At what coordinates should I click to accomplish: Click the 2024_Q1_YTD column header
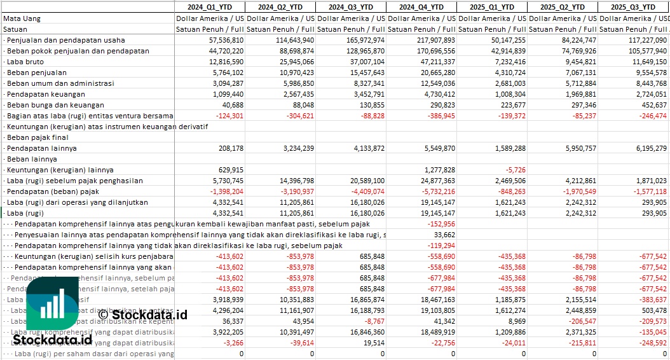click(209, 7)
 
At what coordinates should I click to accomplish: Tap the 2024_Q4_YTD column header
click(421, 7)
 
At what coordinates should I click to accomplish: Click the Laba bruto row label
click(25, 62)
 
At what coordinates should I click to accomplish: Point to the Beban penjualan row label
click(32, 73)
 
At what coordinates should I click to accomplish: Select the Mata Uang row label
click(22, 18)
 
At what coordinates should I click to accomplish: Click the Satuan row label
click(15, 29)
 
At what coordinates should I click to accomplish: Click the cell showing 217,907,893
click(434, 40)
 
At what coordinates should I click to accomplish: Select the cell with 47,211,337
click(435, 62)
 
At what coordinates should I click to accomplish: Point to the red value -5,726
click(512, 170)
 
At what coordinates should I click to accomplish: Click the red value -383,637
click(653, 300)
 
